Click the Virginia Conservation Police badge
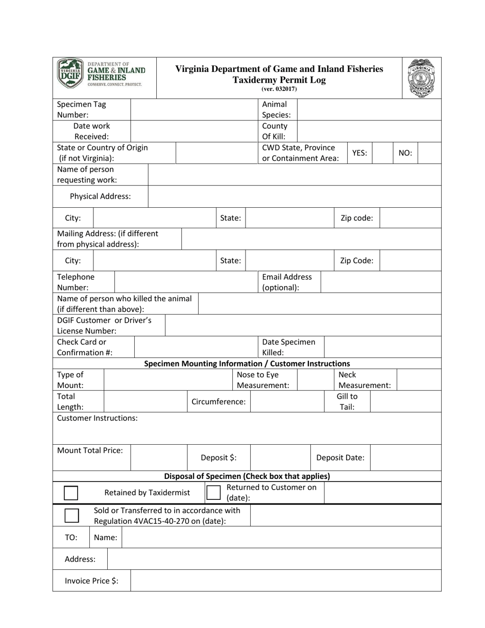422,78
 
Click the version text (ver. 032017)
279,89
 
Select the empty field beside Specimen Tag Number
194,109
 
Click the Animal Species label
276,109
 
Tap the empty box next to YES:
382,153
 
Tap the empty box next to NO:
429,153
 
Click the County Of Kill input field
368,131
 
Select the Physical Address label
100,196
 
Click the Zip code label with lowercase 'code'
356,218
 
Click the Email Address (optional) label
286,282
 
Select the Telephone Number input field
186,282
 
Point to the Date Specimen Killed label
288,347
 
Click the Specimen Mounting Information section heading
247,364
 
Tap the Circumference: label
218,401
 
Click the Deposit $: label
218,457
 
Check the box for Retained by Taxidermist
71,493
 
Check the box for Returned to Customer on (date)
213,493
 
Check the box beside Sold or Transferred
72,515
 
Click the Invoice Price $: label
91,581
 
